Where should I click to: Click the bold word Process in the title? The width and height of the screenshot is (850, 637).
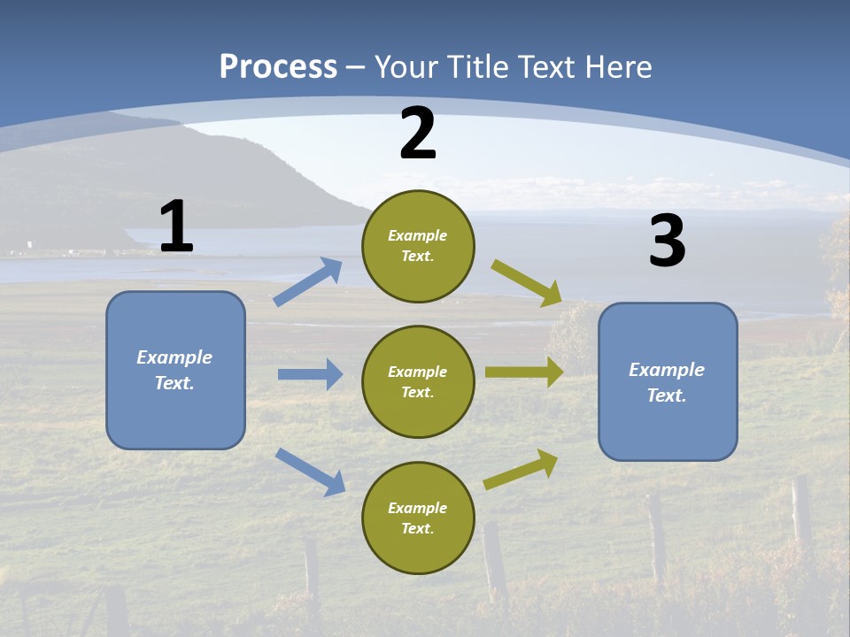(278, 66)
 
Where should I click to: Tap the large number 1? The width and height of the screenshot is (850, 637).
(176, 226)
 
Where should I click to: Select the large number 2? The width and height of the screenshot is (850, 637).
(418, 134)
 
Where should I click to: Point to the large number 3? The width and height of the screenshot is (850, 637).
(668, 242)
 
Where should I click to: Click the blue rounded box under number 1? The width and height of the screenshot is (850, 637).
(175, 370)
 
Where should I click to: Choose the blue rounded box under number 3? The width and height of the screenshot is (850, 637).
(668, 381)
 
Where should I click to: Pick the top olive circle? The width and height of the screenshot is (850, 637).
(418, 246)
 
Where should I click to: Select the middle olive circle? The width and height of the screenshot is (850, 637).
(418, 381)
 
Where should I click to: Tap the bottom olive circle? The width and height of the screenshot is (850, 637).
(418, 518)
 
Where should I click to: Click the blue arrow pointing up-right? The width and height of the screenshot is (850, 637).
(308, 282)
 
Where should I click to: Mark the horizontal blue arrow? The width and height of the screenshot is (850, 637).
(310, 374)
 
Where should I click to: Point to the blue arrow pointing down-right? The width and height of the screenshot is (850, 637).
(310, 471)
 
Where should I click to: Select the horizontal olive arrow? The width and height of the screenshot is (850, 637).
(524, 372)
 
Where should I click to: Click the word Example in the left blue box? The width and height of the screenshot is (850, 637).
(174, 357)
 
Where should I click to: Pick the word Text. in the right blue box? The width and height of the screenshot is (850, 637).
(667, 395)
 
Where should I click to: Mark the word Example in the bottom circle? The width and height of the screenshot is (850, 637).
(417, 508)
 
